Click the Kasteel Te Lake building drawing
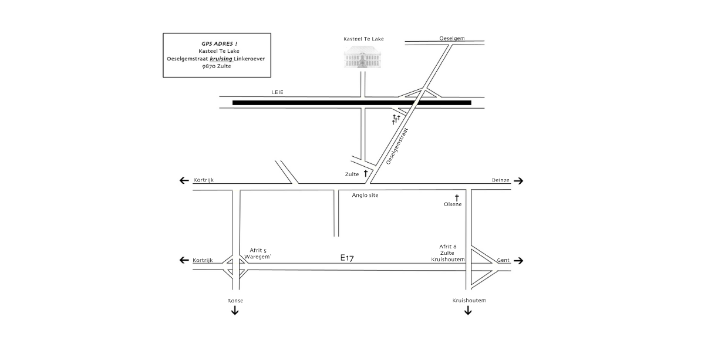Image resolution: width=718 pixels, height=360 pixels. (363, 57)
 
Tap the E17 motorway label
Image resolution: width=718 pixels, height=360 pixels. (347, 258)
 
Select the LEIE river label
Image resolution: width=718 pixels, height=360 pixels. (278, 92)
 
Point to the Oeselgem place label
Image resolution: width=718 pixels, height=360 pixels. (452, 38)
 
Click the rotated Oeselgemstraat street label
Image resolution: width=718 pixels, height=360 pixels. (397, 146)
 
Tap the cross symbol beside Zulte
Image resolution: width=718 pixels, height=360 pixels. (365, 173)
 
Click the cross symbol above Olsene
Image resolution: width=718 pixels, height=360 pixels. (457, 198)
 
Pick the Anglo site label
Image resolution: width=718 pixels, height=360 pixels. (365, 195)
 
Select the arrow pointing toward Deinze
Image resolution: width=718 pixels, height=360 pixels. (518, 181)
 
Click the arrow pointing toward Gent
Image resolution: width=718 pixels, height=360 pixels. (518, 261)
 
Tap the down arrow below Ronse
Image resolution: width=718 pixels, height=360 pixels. (235, 310)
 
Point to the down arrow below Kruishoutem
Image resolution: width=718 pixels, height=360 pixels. (468, 310)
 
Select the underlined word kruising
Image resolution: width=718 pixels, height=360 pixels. (221, 59)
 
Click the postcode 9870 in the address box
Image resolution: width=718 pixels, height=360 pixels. (208, 66)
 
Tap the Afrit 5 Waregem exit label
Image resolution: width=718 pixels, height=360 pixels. (258, 254)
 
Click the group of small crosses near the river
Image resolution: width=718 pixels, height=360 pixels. (396, 119)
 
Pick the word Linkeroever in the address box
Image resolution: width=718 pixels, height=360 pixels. (250, 59)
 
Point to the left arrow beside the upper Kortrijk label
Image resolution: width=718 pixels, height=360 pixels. (184, 180)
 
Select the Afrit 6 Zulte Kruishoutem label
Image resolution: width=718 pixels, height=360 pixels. (448, 253)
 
